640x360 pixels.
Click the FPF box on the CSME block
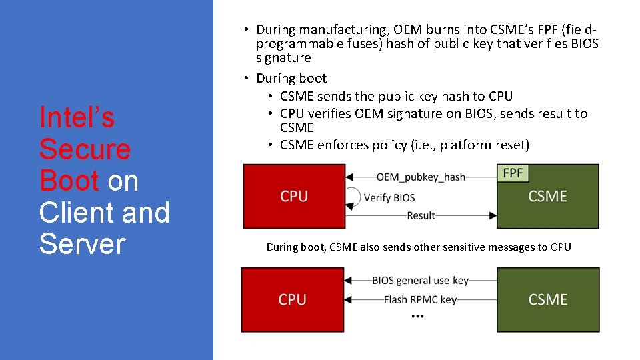pyautogui.click(x=513, y=173)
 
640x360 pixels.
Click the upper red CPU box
pyautogui.click(x=294, y=197)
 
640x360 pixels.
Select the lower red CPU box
pyautogui.click(x=292, y=299)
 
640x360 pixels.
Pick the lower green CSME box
pyautogui.click(x=547, y=299)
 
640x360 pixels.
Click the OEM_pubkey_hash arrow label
pyautogui.click(x=421, y=177)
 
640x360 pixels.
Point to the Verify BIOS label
pyautogui.click(x=389, y=197)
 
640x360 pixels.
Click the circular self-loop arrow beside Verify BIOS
pyautogui.click(x=353, y=197)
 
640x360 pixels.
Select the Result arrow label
pyautogui.click(x=421, y=215)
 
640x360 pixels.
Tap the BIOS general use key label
pyautogui.click(x=420, y=281)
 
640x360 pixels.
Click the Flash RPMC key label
pyautogui.click(x=420, y=300)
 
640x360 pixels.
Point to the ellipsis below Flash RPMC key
pyautogui.click(x=418, y=315)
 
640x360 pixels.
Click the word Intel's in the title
pyautogui.click(x=77, y=117)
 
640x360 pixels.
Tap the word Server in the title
pyautogui.click(x=82, y=244)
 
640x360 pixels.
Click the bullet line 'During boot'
pyautogui.click(x=291, y=78)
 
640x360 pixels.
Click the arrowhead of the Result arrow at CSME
pyautogui.click(x=493, y=215)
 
